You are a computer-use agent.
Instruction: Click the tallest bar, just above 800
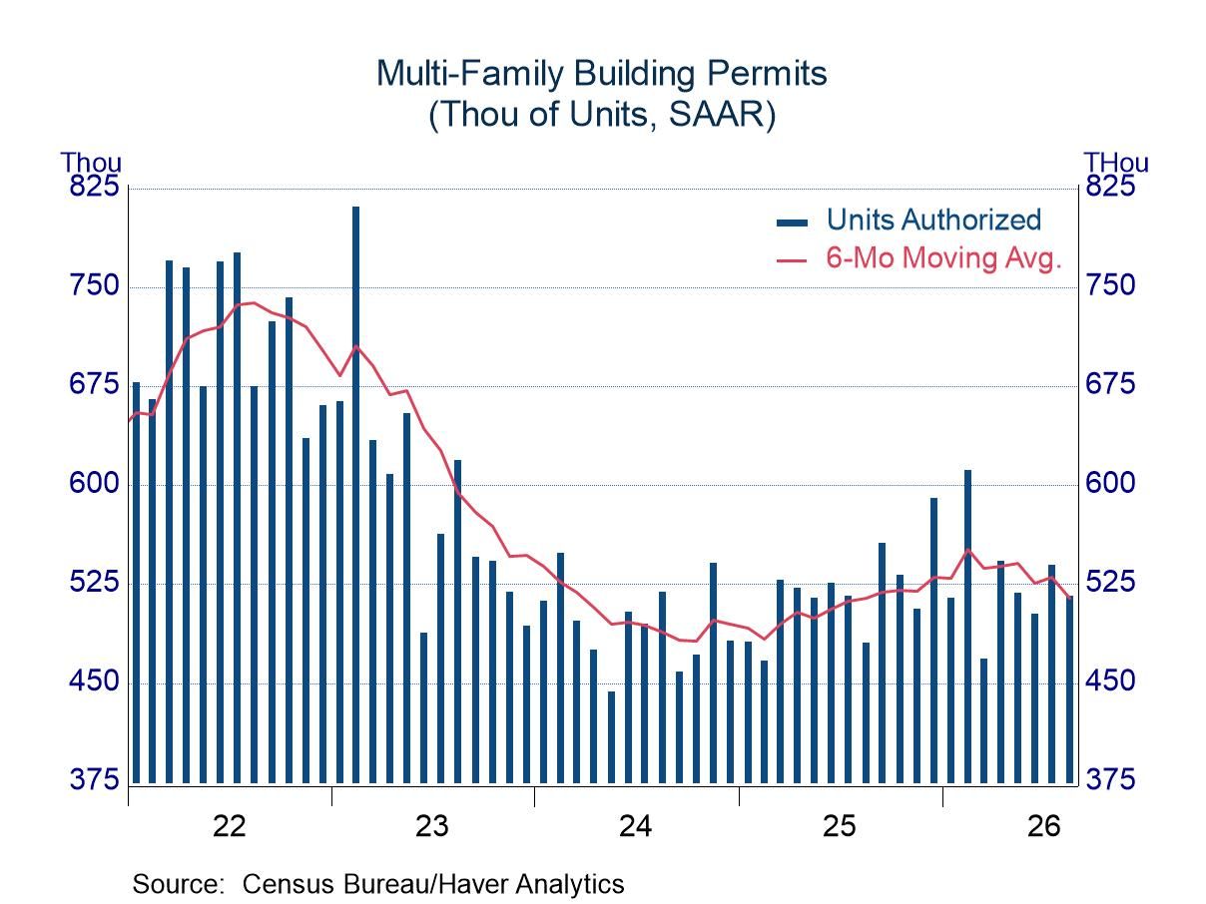[355, 495]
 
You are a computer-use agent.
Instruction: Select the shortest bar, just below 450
[611, 737]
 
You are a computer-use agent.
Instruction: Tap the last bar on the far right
[1069, 689]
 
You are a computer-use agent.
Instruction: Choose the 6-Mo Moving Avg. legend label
[943, 257]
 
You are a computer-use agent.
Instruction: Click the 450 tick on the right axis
[1110, 681]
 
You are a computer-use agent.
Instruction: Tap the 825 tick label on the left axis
[94, 186]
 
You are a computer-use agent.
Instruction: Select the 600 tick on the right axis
[1110, 483]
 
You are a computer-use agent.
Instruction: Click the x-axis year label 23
[432, 826]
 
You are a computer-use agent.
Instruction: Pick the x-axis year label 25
[839, 826]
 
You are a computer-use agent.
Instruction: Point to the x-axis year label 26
[1043, 826]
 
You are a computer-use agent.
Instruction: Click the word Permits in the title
[767, 73]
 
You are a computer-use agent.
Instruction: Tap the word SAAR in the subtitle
[717, 114]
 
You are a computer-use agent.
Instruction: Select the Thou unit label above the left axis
[91, 163]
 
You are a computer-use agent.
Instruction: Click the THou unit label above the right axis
[1116, 163]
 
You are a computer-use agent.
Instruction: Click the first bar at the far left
[136, 583]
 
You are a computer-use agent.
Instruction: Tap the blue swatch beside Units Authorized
[792, 223]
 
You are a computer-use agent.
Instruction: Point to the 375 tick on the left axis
[94, 779]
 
